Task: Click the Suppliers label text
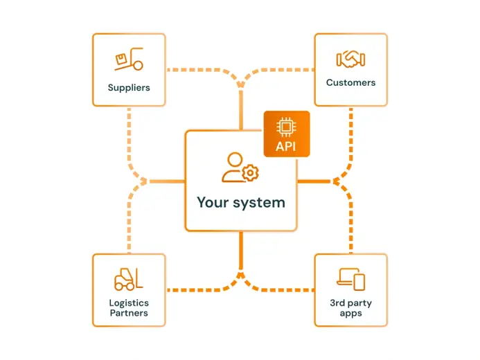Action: (129, 88)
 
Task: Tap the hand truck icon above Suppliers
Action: (129, 61)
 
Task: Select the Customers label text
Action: (350, 82)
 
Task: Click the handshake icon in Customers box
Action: (350, 59)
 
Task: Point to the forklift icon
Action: (129, 278)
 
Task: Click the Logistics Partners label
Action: (129, 308)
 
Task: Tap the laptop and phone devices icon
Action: (350, 279)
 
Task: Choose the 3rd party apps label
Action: (350, 308)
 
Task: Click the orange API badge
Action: (287, 134)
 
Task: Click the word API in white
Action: (287, 146)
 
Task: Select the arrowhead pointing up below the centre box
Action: (241, 276)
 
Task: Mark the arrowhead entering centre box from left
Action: (145, 181)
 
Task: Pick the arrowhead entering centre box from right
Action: (336, 181)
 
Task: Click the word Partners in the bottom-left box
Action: (129, 313)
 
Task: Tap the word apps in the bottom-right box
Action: (350, 314)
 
